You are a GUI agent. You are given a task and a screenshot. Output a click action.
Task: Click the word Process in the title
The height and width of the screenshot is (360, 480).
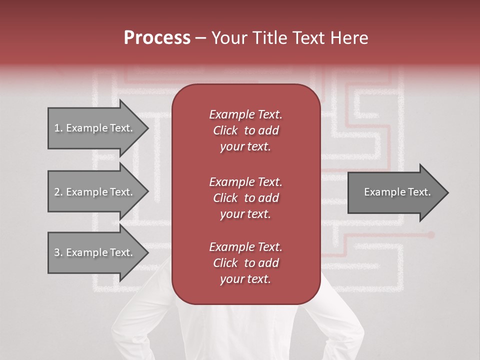pos(157,38)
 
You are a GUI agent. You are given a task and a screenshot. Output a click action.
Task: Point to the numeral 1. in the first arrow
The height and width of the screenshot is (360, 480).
pos(58,128)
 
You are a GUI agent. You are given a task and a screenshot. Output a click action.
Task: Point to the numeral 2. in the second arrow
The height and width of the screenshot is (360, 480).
pos(58,192)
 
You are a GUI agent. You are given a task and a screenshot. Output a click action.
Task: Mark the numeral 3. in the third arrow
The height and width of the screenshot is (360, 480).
pos(58,252)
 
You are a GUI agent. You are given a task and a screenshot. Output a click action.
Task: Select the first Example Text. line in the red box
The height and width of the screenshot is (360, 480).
pos(245,114)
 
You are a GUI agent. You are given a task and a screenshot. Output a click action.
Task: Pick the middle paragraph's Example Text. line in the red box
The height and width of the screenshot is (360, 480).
pos(245,181)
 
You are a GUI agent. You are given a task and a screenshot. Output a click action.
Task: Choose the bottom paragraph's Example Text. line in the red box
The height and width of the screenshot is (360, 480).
pos(245,247)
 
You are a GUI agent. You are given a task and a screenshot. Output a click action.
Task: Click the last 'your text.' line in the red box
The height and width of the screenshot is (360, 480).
pos(245,279)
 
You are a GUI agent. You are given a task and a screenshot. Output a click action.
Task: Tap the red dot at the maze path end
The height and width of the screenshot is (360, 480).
pos(431,234)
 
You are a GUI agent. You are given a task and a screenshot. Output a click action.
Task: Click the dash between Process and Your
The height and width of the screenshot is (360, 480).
pos(200,38)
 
